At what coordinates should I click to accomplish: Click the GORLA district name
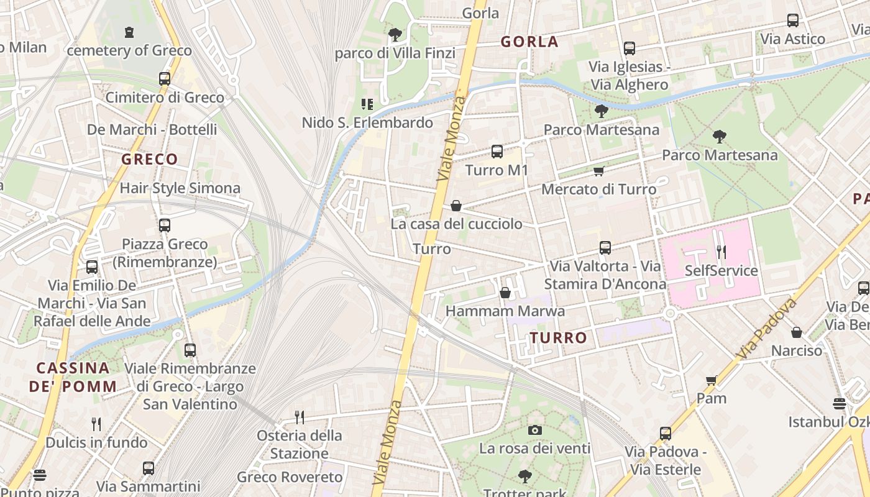click(x=529, y=42)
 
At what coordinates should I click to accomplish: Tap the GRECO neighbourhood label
click(x=150, y=160)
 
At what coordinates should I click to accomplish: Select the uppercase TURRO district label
click(x=558, y=338)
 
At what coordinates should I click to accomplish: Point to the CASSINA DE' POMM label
click(x=73, y=376)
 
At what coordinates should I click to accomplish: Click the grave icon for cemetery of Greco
click(x=129, y=32)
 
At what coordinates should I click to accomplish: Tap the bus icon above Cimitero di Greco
click(x=164, y=79)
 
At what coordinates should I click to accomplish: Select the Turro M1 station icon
click(x=497, y=152)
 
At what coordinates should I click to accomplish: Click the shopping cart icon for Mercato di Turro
click(x=598, y=171)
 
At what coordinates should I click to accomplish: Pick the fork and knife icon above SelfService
click(x=721, y=252)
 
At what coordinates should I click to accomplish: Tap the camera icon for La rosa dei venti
click(x=534, y=430)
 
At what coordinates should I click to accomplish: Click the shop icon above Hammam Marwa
click(x=505, y=293)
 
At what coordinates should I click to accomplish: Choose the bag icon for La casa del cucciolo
click(x=456, y=206)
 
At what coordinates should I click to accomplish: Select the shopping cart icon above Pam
click(x=711, y=380)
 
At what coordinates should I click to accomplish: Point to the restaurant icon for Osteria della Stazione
click(x=300, y=417)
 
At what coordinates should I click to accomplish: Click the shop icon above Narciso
click(x=796, y=332)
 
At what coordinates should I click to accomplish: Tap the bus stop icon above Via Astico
click(x=792, y=21)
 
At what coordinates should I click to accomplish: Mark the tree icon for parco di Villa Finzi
click(x=395, y=34)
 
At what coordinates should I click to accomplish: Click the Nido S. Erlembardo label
click(x=367, y=123)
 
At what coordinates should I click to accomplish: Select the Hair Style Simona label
click(x=180, y=188)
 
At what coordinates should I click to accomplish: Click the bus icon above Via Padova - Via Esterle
click(x=666, y=434)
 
